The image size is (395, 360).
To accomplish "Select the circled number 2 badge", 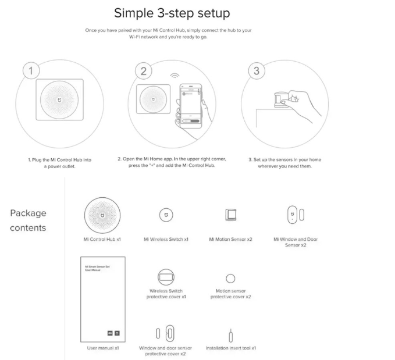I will coord(143,72).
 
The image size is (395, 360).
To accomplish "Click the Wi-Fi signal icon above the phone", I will coord(175,76).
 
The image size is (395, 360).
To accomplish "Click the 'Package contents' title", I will coord(28,220).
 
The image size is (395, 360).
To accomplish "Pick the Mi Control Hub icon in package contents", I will coord(102,215).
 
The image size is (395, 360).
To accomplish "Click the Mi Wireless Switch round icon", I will coord(166,215).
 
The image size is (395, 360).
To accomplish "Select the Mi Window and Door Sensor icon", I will coord(296,214).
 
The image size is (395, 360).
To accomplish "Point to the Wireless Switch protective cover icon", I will coord(166,277).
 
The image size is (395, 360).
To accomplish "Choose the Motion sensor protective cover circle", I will coord(230,279).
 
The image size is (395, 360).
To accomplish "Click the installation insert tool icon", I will coord(231,336).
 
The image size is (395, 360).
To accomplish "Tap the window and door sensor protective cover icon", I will coord(166,334).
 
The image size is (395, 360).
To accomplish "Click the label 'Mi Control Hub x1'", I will coord(102,239).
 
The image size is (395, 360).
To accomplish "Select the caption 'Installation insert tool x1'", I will coord(231,348).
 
